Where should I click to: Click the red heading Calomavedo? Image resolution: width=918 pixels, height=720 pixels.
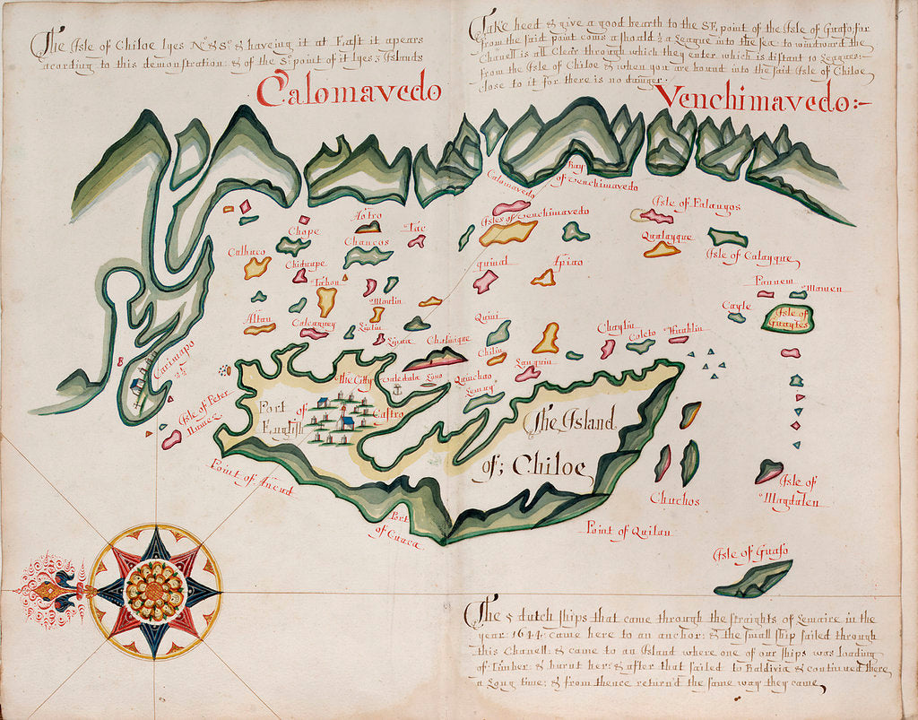point(350,91)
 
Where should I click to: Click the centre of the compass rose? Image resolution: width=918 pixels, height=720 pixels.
point(155,591)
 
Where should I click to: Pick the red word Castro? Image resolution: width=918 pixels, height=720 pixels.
point(387,414)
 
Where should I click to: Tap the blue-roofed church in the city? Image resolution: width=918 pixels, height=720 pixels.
point(345,421)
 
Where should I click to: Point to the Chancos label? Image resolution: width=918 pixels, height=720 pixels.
point(366,242)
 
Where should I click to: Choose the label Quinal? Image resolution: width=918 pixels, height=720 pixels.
point(492,262)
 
